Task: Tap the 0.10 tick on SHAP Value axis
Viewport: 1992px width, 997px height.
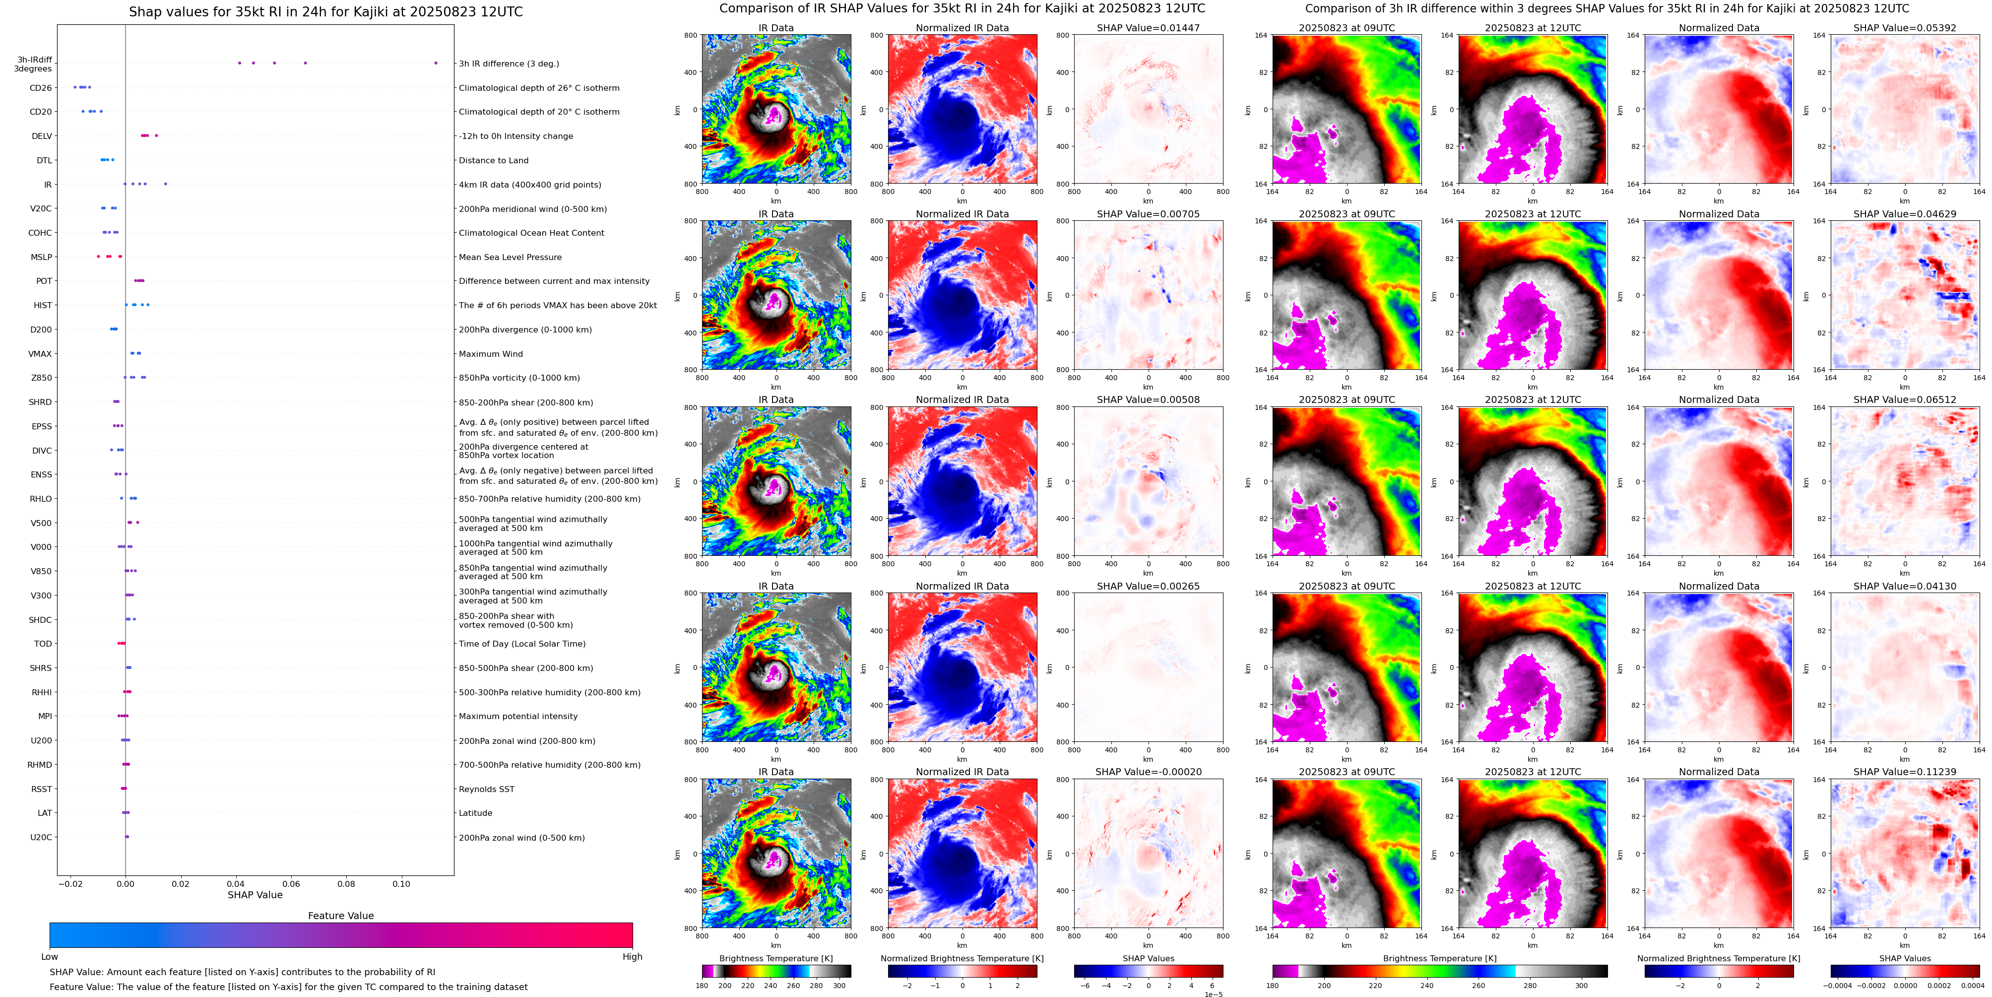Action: pyautogui.click(x=400, y=883)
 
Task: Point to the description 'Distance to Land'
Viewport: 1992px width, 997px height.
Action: pyautogui.click(x=493, y=161)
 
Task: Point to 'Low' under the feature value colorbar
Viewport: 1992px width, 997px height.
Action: pyautogui.click(x=50, y=957)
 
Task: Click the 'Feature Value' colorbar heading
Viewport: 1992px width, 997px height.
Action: pyautogui.click(x=340, y=916)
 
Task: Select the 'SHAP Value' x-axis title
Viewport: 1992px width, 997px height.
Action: pyautogui.click(x=255, y=895)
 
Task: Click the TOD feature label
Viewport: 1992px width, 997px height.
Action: pyautogui.click(x=43, y=644)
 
